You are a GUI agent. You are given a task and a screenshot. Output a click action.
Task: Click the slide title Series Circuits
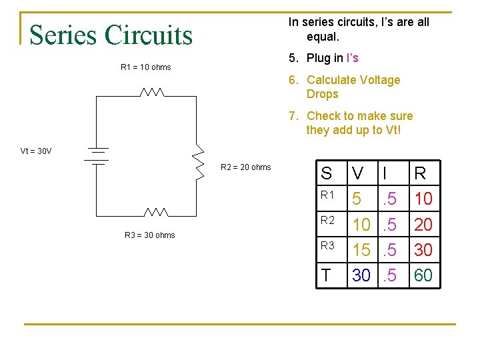pyautogui.click(x=111, y=34)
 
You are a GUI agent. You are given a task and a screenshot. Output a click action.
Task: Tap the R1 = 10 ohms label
pyautogui.click(x=145, y=67)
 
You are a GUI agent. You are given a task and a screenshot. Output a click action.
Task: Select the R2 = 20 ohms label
pyautogui.click(x=245, y=167)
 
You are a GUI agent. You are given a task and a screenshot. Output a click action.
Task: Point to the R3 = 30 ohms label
pyautogui.click(x=149, y=235)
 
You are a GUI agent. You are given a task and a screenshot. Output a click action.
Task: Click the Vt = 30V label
pyautogui.click(x=36, y=151)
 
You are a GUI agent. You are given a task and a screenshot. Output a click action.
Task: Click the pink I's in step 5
pyautogui.click(x=352, y=58)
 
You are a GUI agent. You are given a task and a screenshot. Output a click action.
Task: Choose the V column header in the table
pyautogui.click(x=358, y=174)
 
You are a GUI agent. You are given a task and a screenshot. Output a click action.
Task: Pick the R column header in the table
pyautogui.click(x=420, y=174)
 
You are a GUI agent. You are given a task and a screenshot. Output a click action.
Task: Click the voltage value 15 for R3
pyautogui.click(x=361, y=249)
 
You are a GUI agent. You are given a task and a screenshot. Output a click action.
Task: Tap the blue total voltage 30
pyautogui.click(x=361, y=275)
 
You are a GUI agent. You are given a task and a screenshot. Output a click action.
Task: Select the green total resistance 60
pyautogui.click(x=423, y=275)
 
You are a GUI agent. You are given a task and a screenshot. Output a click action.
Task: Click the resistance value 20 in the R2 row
pyautogui.click(x=423, y=224)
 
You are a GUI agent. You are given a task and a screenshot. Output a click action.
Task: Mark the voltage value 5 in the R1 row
pyautogui.click(x=357, y=199)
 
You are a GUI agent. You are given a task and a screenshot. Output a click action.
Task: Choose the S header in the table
pyautogui.click(x=326, y=174)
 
